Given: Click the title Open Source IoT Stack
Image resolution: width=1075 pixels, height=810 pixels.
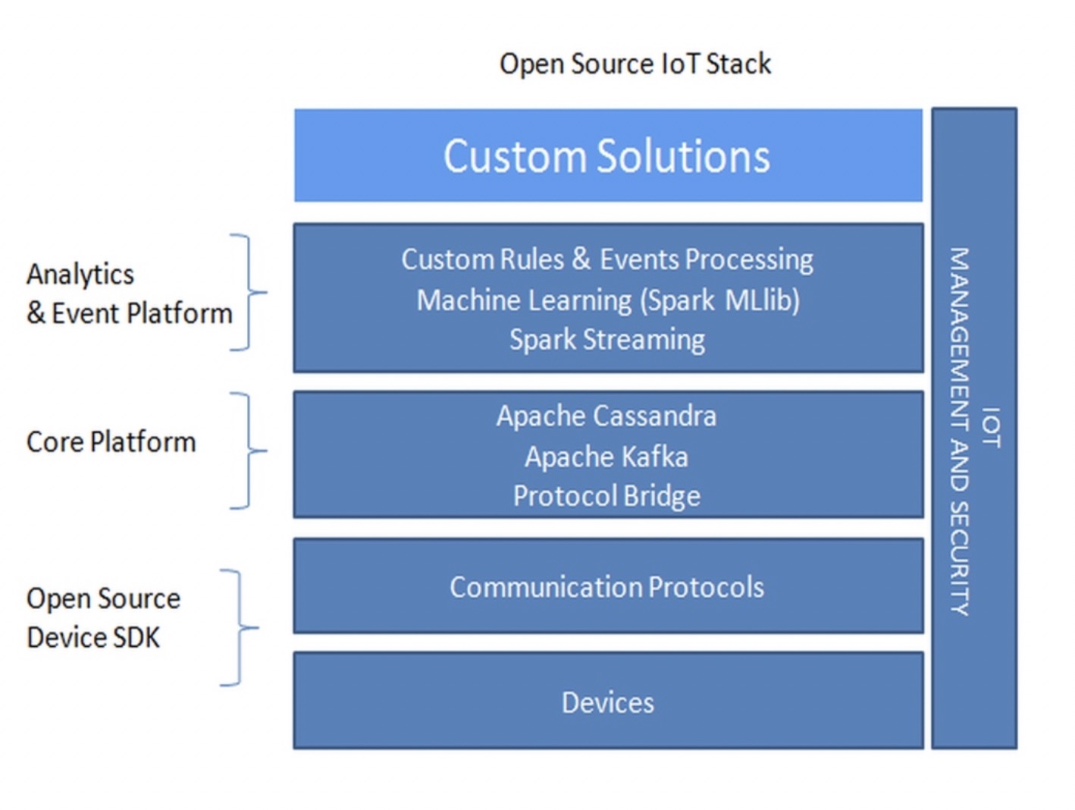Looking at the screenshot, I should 635,64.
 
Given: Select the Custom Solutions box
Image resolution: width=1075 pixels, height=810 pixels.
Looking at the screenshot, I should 607,156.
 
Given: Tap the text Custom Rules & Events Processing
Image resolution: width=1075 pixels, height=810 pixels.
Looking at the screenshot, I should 607,259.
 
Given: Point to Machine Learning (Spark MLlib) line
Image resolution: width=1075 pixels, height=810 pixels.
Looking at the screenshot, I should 607,300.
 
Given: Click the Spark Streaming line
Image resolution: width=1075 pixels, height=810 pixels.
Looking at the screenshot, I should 607,340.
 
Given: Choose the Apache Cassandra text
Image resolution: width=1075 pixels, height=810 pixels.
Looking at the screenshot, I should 606,416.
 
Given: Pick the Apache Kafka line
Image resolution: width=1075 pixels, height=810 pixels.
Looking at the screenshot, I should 606,457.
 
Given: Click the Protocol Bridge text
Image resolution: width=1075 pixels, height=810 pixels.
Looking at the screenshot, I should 606,496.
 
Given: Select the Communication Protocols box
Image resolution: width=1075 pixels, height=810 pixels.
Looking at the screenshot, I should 607,587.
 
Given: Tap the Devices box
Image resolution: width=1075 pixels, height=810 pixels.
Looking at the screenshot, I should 607,702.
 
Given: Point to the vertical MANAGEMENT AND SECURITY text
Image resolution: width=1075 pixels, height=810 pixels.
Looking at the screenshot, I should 959,431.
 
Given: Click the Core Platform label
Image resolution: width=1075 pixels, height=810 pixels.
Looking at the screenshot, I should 111,441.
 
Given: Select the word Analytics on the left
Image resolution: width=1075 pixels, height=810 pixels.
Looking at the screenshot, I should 80,274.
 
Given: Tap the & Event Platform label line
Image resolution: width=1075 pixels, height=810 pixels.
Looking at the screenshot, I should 129,313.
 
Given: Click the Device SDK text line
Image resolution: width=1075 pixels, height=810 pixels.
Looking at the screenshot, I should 93,638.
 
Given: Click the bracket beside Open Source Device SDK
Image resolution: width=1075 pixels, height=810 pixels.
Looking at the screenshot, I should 239,628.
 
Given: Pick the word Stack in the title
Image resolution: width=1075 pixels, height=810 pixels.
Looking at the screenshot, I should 738,64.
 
